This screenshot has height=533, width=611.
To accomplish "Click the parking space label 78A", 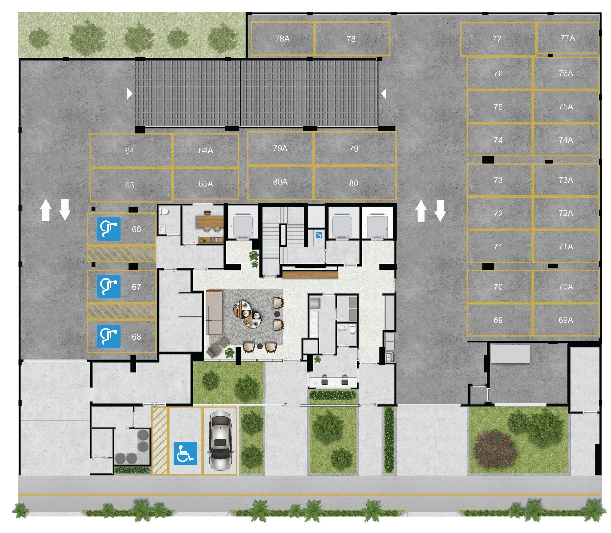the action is (x=282, y=39).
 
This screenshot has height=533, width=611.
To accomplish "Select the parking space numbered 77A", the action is (x=567, y=38).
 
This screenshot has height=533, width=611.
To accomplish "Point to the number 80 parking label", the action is (x=353, y=183).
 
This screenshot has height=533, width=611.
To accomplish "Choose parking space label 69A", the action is (x=565, y=320).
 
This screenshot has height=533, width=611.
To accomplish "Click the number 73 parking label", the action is (x=498, y=180).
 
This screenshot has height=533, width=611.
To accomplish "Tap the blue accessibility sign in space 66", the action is (x=109, y=229).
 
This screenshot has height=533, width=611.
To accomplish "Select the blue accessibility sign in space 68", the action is (x=109, y=336).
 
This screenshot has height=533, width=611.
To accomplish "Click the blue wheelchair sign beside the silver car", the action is (x=185, y=453).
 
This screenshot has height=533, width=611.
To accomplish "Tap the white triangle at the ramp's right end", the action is (x=384, y=93).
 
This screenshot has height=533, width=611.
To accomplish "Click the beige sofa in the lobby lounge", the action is (x=214, y=312).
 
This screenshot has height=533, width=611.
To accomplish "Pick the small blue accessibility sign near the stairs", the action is (x=319, y=235).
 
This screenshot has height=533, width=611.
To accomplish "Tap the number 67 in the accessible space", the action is (x=136, y=287).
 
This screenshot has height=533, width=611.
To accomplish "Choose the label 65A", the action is (x=205, y=184).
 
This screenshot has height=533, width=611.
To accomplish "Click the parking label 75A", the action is (x=565, y=107).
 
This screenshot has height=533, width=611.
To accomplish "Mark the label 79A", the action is (x=280, y=148).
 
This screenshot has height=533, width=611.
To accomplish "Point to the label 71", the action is (x=498, y=247).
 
